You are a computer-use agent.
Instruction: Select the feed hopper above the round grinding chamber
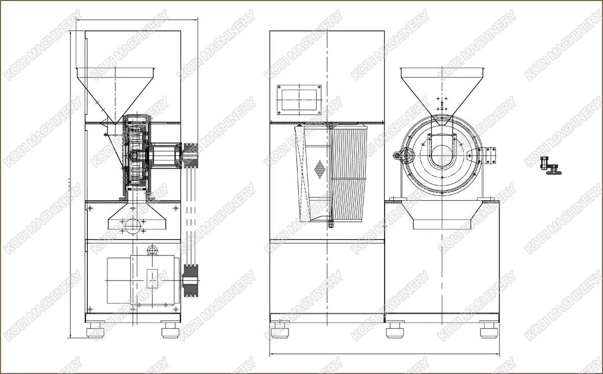click(442, 90)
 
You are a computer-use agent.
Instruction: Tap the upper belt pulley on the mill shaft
click(190, 155)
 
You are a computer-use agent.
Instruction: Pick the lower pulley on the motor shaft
click(190, 280)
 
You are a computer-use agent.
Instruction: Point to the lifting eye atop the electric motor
click(153, 250)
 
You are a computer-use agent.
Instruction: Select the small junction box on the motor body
click(152, 278)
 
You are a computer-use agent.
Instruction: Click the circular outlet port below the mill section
click(132, 225)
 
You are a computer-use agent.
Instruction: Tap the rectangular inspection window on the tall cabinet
click(299, 100)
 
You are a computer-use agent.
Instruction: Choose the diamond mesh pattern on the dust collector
click(320, 169)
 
